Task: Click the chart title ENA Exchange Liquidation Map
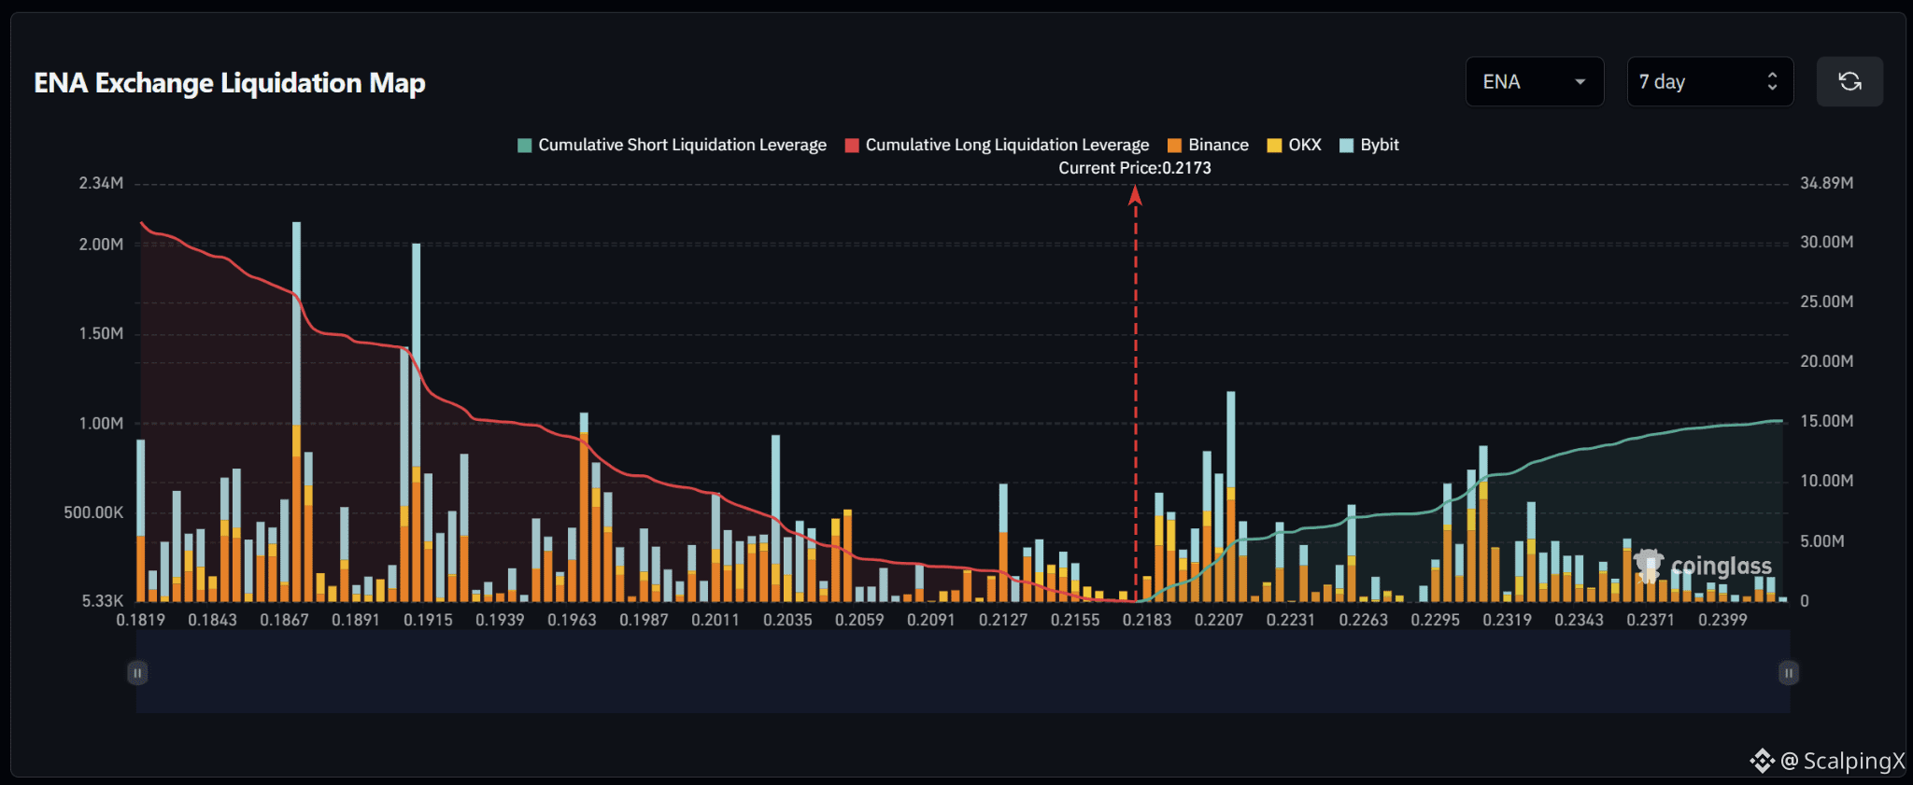coord(230,83)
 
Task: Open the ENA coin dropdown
coord(1535,82)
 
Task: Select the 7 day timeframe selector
coord(1709,82)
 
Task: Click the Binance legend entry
coord(1208,145)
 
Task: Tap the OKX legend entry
coord(1294,145)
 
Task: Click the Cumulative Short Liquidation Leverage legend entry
coord(672,145)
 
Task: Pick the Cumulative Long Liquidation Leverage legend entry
coord(997,145)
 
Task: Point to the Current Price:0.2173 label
coord(1135,168)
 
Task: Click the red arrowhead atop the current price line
coord(1135,194)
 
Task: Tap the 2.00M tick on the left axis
coord(101,245)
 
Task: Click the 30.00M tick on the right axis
coord(1827,242)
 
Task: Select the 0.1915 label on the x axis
coord(428,620)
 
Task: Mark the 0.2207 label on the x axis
coord(1219,620)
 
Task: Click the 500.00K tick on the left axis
coord(93,512)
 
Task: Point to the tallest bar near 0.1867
coord(296,411)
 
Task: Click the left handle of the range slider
coord(137,673)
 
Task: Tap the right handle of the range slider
coord(1789,673)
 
